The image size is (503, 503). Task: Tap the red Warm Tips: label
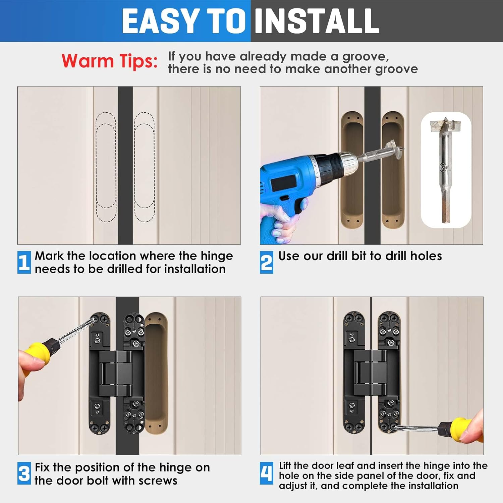109,61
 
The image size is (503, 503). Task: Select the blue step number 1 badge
24,262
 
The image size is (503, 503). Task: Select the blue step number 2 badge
266,262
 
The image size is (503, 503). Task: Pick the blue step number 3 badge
24,473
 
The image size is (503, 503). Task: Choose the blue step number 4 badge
266,473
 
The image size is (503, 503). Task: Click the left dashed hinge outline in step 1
106,167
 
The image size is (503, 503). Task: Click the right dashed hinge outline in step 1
145,167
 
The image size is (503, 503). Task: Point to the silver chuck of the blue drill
347,161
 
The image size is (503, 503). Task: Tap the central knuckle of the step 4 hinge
371,372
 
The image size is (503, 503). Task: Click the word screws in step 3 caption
158,481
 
